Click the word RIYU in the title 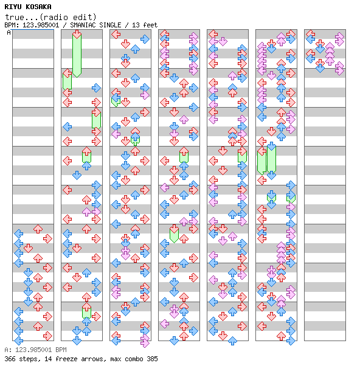(13, 7)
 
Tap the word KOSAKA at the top (38, 7)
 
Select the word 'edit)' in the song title (85, 17)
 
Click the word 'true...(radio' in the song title (36, 17)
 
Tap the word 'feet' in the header (150, 25)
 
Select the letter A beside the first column (9, 32)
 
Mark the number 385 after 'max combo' (152, 359)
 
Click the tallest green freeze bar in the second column (77, 55)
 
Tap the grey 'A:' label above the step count (9, 350)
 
